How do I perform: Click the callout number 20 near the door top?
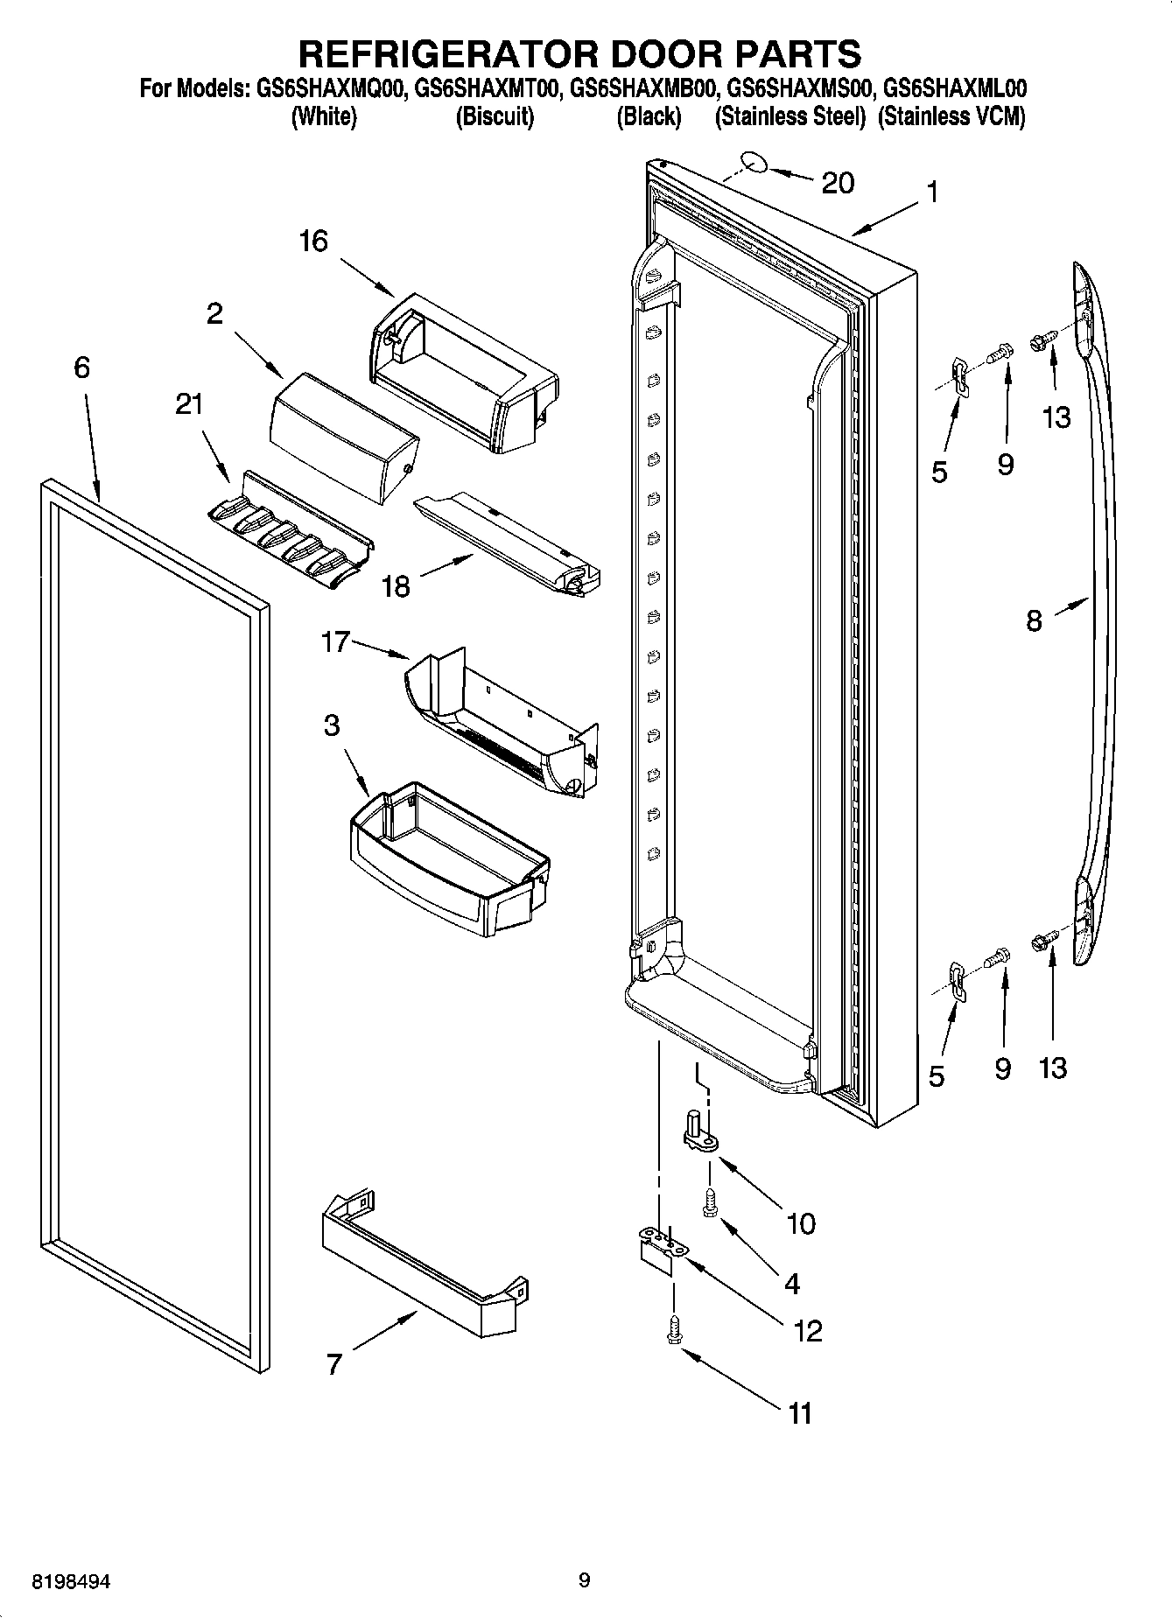tap(837, 183)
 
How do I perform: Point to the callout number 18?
tap(396, 585)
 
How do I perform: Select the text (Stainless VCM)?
tap(951, 116)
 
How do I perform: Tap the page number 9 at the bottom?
tap(584, 1579)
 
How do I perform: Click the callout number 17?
tap(335, 642)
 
